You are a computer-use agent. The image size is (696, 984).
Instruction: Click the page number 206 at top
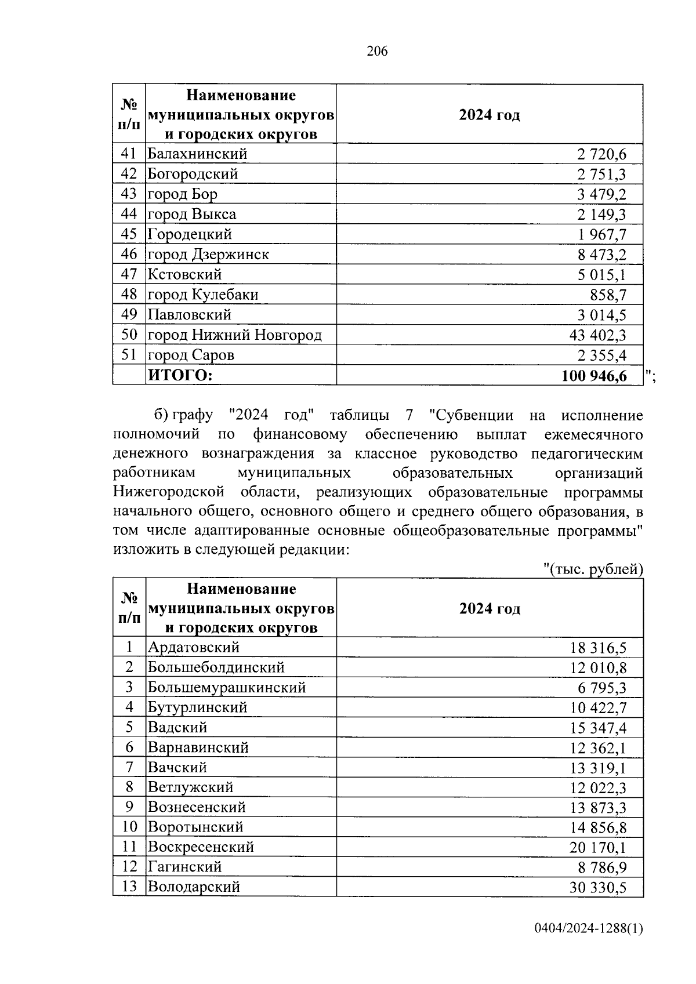point(377,52)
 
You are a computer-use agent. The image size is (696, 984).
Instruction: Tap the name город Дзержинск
point(208,255)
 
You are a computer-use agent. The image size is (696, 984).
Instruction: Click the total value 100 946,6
point(594,376)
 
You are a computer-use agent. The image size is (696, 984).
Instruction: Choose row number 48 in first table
point(129,295)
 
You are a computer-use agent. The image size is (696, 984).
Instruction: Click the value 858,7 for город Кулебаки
point(608,295)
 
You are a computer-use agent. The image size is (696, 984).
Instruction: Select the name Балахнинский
point(198,154)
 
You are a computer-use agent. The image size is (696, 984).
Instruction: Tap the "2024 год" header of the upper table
point(489,115)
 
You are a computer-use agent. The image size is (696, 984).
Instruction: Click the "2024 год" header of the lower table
point(489,609)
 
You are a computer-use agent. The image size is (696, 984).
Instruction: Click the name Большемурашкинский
point(227,688)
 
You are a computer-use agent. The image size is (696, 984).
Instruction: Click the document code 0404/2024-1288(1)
point(588,945)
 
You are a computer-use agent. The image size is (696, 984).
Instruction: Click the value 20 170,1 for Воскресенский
point(598,848)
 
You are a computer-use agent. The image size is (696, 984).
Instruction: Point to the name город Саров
point(191,355)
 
